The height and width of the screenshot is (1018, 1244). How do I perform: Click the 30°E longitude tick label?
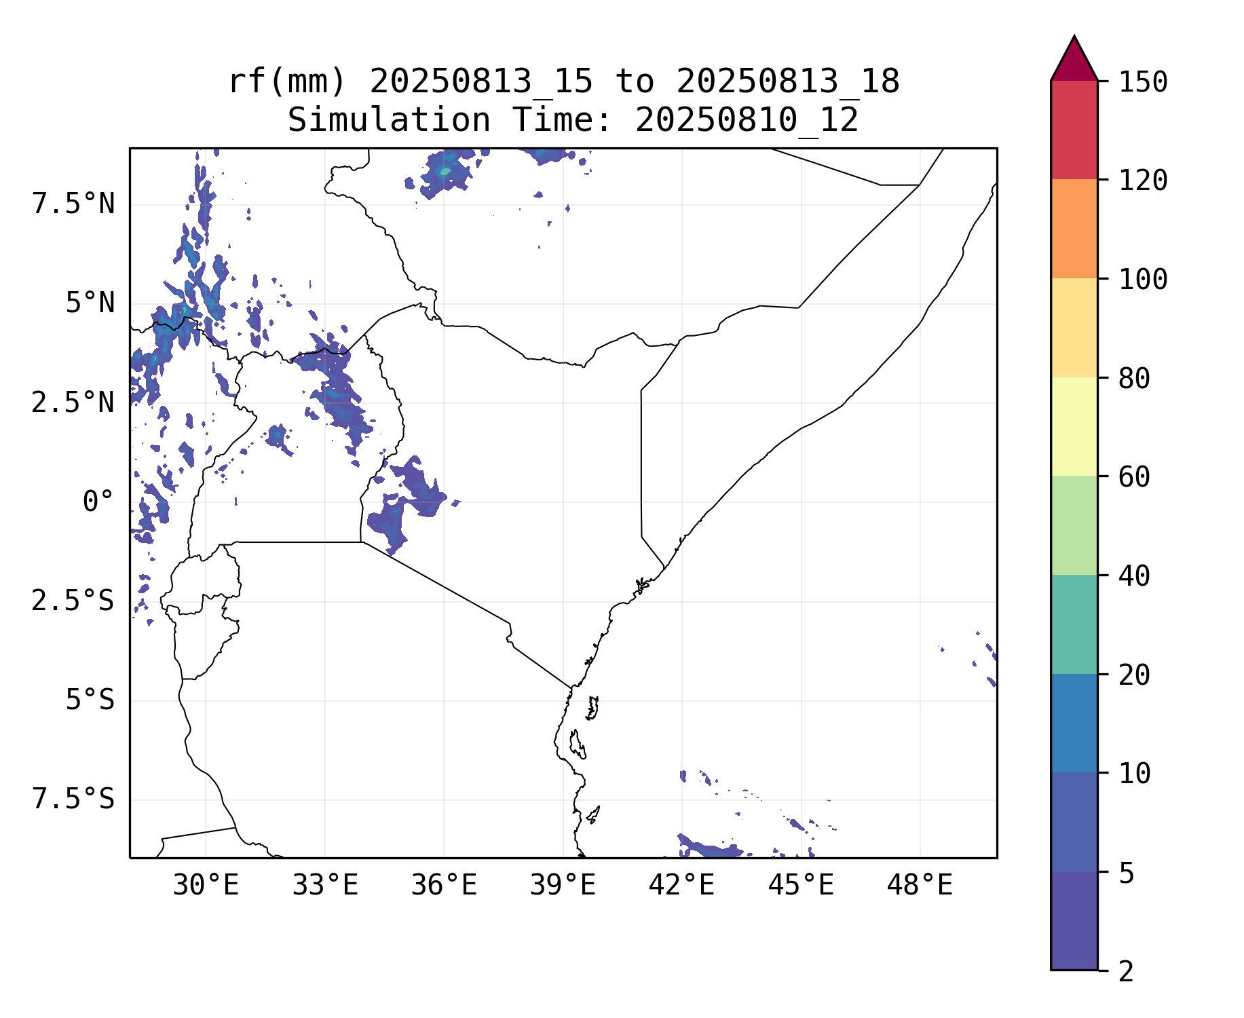coord(206,886)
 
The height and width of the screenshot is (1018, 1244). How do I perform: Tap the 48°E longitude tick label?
coord(920,886)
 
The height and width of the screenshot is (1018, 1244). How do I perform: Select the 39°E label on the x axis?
coord(563,886)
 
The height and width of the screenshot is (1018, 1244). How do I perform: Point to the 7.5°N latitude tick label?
coord(73,204)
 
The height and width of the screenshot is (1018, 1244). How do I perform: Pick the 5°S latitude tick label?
coord(90,700)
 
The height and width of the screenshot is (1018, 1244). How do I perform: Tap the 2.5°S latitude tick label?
coord(73,601)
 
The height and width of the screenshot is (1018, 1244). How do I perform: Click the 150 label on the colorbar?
coord(1143,83)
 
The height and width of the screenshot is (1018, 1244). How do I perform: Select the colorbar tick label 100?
coord(1143,280)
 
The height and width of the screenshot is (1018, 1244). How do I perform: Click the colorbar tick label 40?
coord(1134,576)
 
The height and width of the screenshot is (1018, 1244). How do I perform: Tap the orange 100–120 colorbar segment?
coord(1074,229)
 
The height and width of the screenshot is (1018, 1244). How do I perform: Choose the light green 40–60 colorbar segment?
coord(1074,525)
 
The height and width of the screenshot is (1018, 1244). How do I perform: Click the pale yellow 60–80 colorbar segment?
coord(1074,426)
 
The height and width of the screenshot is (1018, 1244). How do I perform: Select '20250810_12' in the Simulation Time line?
coord(747,121)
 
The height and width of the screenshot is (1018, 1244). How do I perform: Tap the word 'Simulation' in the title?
coord(389,121)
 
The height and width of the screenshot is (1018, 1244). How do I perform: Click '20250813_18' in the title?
coord(787,81)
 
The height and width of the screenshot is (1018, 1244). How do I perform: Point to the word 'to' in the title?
coord(635,81)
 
